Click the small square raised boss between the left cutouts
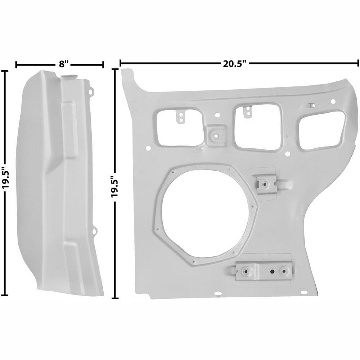click(x=216, y=136)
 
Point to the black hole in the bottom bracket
click(x=272, y=271)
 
